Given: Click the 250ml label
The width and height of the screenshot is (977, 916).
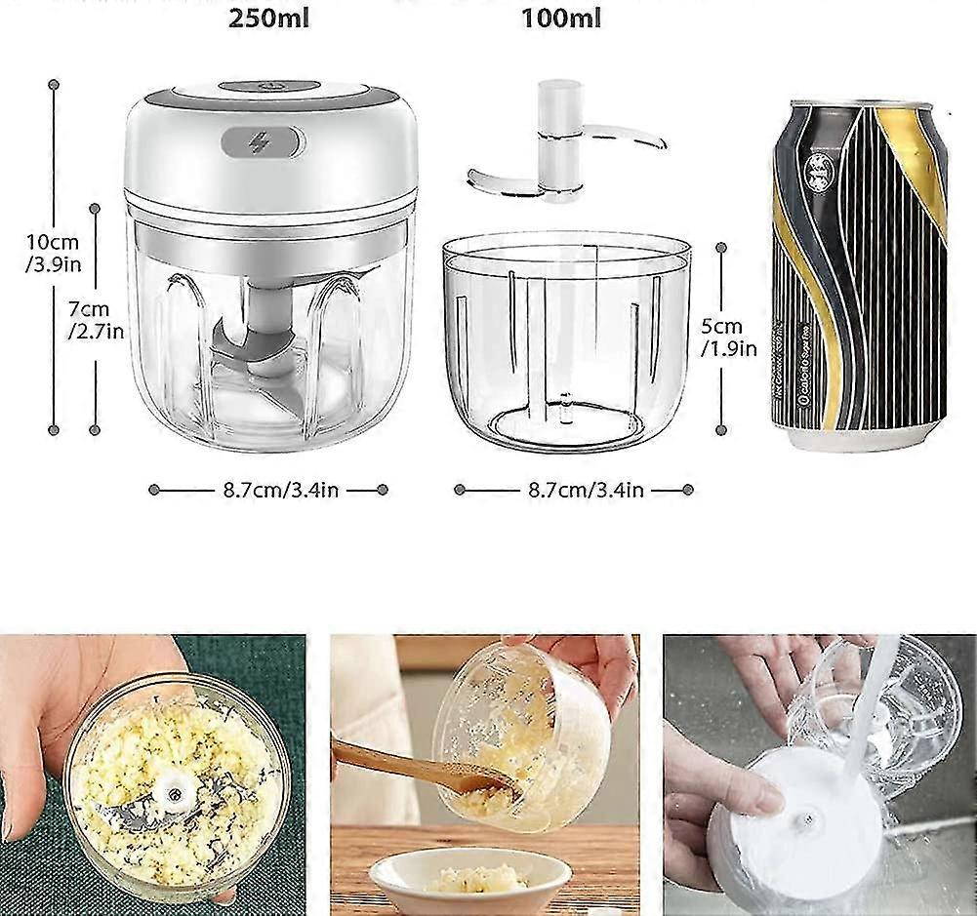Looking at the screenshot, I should [268, 19].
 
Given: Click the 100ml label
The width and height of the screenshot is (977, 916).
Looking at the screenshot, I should [561, 19].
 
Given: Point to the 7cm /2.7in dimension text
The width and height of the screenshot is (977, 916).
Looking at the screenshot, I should [96, 319].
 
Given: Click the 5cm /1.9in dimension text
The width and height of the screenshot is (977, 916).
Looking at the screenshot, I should [728, 338].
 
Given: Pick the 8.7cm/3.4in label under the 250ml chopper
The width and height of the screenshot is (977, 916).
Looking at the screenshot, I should [275, 490].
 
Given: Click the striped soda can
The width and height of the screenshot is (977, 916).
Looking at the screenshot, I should [859, 263].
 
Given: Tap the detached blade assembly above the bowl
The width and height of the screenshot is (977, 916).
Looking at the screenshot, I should [561, 146].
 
